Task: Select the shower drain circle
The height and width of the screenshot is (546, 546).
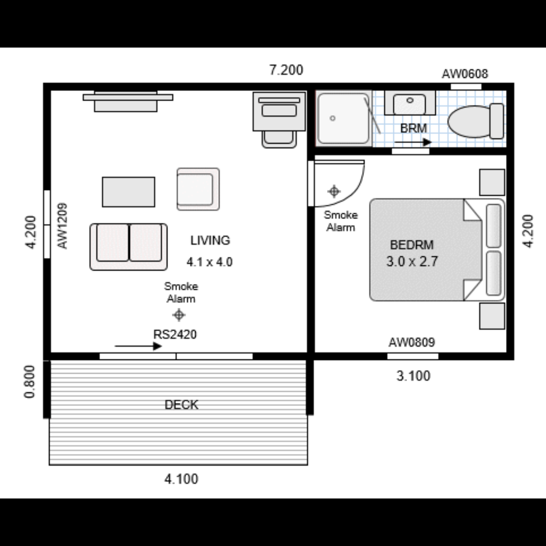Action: (332, 118)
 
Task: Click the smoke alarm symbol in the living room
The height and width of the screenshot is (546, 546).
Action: (178, 315)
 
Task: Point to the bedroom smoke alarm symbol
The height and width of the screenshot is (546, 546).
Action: (334, 191)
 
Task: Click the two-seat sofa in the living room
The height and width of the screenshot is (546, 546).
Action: (128, 247)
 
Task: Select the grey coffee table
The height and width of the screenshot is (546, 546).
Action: (128, 192)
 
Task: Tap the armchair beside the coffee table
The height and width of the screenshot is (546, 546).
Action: (198, 189)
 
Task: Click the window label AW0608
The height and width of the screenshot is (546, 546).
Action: (465, 74)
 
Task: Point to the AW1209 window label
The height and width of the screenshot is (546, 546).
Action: (63, 225)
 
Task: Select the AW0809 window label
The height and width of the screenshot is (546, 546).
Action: (412, 343)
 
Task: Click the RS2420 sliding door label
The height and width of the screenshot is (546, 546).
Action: (175, 334)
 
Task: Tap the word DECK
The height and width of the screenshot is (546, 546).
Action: (181, 404)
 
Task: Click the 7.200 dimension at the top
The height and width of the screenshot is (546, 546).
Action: (286, 70)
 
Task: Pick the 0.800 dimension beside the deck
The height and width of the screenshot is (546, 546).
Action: (30, 381)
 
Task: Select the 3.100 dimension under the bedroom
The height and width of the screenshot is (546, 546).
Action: (413, 376)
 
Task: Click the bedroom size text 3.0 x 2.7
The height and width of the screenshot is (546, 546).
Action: (411, 262)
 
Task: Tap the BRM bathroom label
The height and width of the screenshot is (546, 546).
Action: (414, 128)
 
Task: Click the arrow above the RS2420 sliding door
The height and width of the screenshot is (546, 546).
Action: (138, 346)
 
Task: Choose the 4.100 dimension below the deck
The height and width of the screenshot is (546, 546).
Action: (181, 478)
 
